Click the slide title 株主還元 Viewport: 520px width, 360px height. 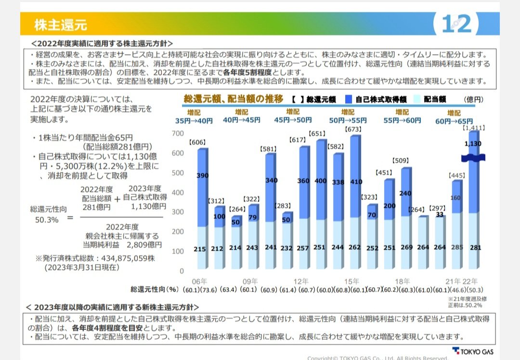point(60,24)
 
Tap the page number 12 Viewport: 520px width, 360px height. point(457,24)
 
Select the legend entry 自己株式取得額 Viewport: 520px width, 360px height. point(380,100)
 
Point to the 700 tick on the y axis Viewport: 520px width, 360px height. point(178,133)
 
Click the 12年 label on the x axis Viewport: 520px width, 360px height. point(301,281)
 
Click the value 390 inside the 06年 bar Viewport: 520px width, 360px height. point(203,176)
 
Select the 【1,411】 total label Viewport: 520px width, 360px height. point(474,129)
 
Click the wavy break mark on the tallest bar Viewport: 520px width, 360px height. point(473,157)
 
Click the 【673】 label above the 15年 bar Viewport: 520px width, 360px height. point(353,129)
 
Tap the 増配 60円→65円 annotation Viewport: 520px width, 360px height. point(454,117)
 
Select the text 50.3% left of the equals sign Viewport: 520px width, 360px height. point(47,219)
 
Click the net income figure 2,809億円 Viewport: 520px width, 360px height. point(147,245)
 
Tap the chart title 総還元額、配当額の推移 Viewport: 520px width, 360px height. point(234,99)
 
